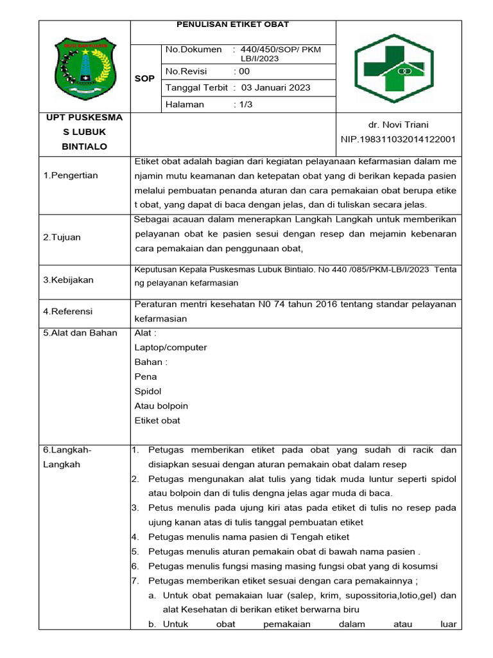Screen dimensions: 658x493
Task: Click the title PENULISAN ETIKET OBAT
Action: point(232,24)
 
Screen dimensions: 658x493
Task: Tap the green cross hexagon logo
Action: point(399,69)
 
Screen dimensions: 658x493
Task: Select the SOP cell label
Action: point(145,78)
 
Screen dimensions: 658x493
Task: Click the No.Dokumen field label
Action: point(194,49)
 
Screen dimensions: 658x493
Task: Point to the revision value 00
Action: point(244,72)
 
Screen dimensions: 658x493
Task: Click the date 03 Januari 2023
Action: point(275,88)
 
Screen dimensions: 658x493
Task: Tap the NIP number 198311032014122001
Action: point(399,139)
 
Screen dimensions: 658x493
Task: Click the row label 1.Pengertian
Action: point(71,175)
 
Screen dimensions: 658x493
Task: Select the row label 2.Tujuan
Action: point(62,237)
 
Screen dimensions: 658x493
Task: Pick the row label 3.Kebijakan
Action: point(68,280)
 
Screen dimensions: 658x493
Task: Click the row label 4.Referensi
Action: point(68,311)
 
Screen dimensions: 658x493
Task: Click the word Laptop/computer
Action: point(171,348)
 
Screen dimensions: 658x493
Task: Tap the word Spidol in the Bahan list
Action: point(148,391)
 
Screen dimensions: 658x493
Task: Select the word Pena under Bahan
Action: point(146,377)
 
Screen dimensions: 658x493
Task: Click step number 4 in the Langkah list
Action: point(135,537)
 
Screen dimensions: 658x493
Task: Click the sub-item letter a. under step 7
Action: point(152,596)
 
